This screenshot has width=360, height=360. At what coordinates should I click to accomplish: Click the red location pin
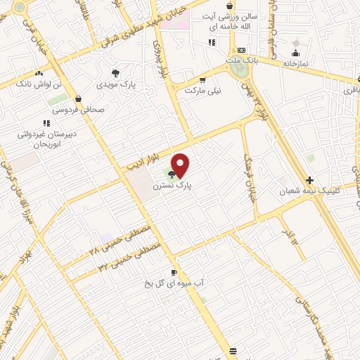[x=181, y=165]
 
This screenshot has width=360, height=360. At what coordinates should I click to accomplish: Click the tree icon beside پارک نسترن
[x=172, y=174]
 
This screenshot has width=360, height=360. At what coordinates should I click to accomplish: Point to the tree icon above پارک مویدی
[x=115, y=72]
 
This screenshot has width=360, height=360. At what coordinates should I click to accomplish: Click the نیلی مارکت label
[x=202, y=91]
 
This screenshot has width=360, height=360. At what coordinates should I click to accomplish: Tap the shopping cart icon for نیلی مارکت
[x=203, y=79]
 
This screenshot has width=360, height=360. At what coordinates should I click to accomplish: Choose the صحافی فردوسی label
[x=76, y=110]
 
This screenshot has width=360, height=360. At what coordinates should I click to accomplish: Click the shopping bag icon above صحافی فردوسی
[x=77, y=99]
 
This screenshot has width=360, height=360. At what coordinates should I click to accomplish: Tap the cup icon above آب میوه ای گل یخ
[x=174, y=271]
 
